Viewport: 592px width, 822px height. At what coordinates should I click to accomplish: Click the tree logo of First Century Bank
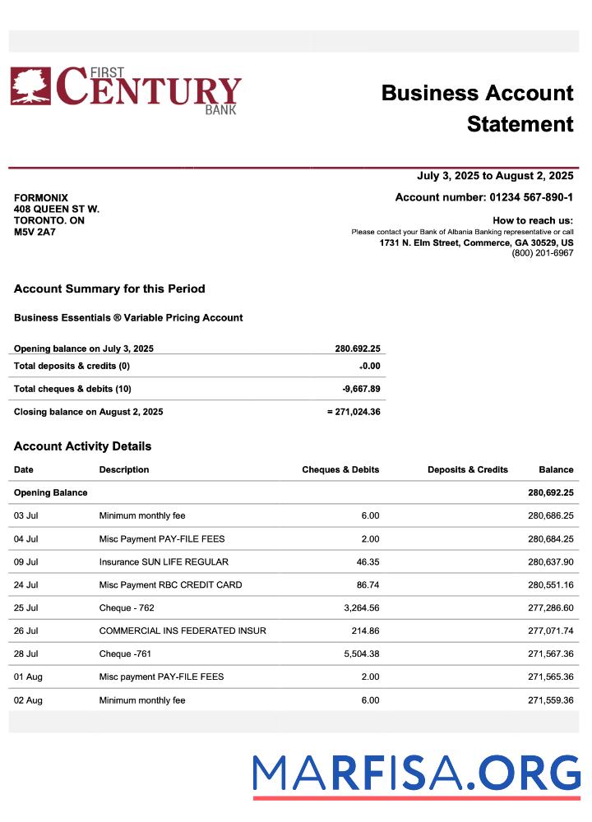30,86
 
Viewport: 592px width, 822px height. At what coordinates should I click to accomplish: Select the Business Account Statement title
477,109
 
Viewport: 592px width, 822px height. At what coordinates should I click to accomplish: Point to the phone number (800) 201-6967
542,253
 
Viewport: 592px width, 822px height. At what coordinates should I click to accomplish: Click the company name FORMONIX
41,198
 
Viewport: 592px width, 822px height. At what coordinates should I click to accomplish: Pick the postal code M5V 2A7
35,233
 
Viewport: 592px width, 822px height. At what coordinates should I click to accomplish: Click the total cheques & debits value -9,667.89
361,389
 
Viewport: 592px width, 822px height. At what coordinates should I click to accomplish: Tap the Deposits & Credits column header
467,470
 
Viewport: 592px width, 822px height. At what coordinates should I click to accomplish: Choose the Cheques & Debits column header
340,470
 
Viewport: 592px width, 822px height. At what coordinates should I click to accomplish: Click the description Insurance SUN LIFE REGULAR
164,562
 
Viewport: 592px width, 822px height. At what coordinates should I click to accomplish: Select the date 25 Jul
26,608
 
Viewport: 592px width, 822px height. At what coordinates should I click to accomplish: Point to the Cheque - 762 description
127,608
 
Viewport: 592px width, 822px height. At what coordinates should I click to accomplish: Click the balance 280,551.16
550,585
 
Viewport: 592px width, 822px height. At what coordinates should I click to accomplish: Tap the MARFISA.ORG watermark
416,774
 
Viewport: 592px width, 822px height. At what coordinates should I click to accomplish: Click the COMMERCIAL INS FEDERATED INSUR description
183,631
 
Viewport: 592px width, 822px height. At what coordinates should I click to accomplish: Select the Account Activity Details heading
82,446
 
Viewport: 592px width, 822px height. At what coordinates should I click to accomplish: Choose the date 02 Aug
28,700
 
